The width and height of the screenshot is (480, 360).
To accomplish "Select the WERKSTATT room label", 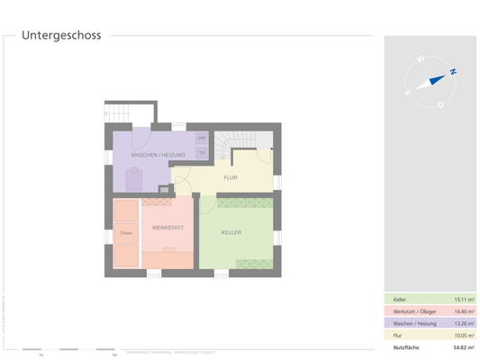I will click(168, 227).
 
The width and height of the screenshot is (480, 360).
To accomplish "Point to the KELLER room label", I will click(231, 233).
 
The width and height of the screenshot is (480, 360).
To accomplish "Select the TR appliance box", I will click(202, 152).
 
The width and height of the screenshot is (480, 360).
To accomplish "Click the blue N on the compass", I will click(453, 71).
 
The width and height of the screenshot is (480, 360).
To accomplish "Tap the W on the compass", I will click(420, 59).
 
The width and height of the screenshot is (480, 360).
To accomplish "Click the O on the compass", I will click(440, 104).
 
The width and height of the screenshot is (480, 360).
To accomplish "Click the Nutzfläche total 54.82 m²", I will click(464, 346).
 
